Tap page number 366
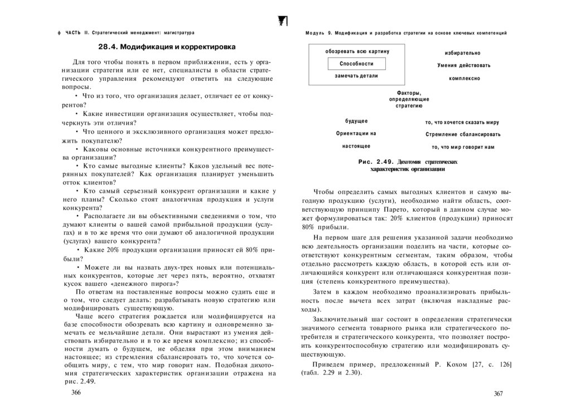coord(76,392)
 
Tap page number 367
coord(499,393)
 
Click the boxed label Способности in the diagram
coord(356,64)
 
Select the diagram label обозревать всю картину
coord(357,52)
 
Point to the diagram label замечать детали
coord(356,75)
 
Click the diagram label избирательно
coord(462,53)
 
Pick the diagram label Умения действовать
coord(463,65)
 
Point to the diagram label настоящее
coord(356,146)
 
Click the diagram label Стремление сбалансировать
coord(463,134)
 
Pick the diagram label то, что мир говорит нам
coord(463,147)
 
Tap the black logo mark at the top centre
coord(282,21)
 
